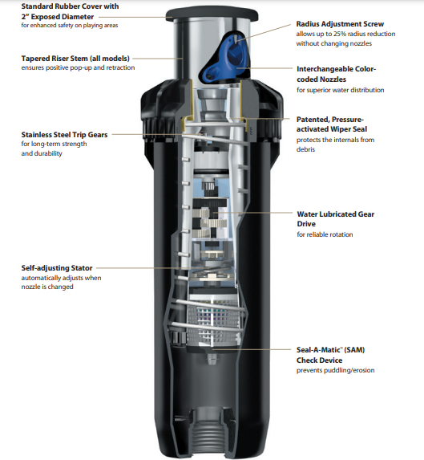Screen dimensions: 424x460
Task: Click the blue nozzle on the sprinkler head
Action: tap(225, 58)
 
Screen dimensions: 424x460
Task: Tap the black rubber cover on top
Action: tap(212, 14)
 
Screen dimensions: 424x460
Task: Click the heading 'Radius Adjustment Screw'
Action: tap(340, 24)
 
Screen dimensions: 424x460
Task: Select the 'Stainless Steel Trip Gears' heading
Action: tap(64, 135)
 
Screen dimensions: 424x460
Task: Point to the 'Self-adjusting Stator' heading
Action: tap(57, 268)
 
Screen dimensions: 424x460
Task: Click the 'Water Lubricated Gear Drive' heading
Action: tap(336, 219)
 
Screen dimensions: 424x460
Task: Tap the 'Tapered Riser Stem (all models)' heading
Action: tap(75, 59)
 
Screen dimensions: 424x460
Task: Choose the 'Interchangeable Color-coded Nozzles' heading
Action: tap(336, 74)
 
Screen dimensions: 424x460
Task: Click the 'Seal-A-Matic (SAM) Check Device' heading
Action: tap(330, 355)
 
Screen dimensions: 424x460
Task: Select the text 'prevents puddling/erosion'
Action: tap(335, 370)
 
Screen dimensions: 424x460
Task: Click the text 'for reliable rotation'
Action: tap(325, 234)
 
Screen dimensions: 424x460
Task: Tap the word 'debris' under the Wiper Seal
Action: tap(305, 149)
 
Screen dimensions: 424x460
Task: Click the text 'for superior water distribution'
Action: tap(341, 90)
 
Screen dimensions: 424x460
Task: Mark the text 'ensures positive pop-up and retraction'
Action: tap(78, 67)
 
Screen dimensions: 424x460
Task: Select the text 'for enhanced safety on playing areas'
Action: tap(70, 25)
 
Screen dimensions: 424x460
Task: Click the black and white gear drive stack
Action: tap(209, 218)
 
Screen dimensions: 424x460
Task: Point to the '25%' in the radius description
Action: tap(341, 34)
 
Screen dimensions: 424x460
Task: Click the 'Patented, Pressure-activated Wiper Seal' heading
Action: tap(332, 124)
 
